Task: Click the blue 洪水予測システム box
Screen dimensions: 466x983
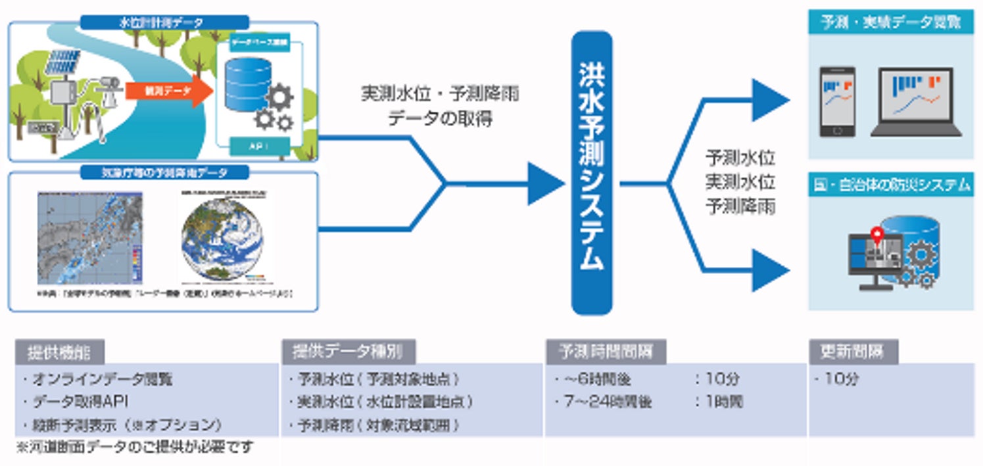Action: click(x=591, y=173)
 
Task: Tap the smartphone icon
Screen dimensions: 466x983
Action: click(x=837, y=102)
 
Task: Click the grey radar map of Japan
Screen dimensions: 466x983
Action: click(x=89, y=238)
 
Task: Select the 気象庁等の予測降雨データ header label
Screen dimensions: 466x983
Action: click(x=164, y=173)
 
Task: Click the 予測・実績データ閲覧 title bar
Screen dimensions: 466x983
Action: click(x=890, y=23)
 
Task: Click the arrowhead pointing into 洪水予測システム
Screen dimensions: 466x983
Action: click(x=545, y=183)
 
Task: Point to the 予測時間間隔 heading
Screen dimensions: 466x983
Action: click(x=605, y=352)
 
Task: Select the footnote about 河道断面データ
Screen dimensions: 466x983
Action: click(x=135, y=448)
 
